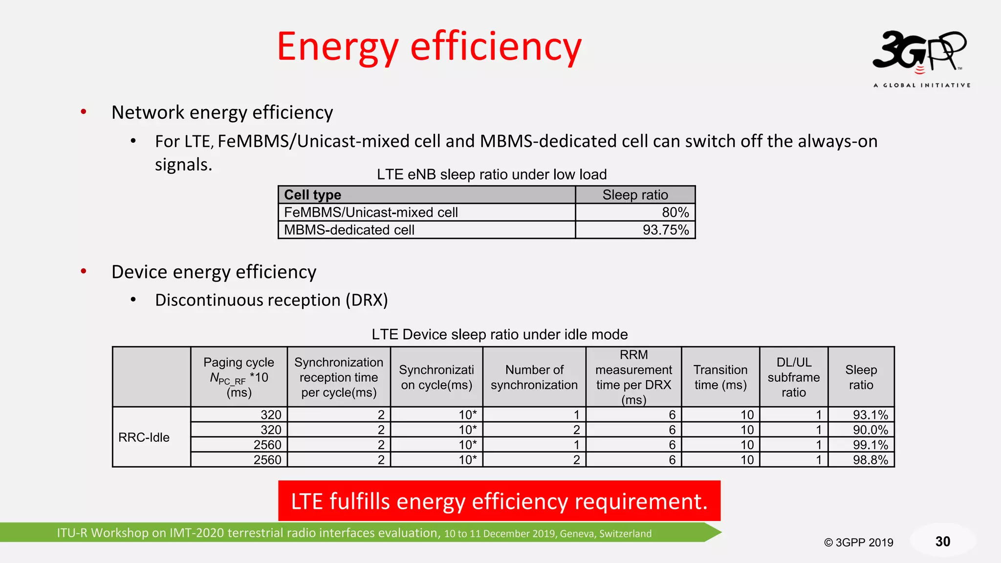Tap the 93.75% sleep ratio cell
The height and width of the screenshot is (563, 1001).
(x=635, y=230)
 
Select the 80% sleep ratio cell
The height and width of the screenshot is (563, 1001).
(x=635, y=212)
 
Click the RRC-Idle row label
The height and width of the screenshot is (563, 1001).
(x=144, y=437)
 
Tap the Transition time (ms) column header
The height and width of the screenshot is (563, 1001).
(x=720, y=377)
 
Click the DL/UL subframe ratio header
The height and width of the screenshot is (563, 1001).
(x=794, y=377)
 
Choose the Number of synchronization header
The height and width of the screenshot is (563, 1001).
(x=534, y=377)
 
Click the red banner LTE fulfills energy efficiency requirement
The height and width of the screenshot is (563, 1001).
(x=499, y=501)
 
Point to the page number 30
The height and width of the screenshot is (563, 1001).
(x=943, y=541)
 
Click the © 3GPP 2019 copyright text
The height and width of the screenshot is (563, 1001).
(x=859, y=542)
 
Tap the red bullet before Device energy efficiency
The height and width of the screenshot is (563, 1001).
(x=84, y=271)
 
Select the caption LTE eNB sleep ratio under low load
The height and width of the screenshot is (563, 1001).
(x=492, y=174)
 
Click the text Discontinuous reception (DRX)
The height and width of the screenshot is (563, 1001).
(x=271, y=300)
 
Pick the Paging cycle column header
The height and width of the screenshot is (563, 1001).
(x=239, y=377)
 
